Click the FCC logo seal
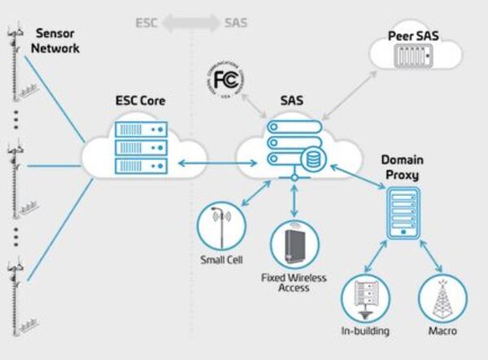(223, 82)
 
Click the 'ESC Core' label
(141, 103)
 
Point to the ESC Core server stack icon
(141, 146)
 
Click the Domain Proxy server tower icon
(403, 213)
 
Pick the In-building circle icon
(364, 297)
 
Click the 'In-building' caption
(364, 332)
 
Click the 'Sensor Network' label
(57, 41)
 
